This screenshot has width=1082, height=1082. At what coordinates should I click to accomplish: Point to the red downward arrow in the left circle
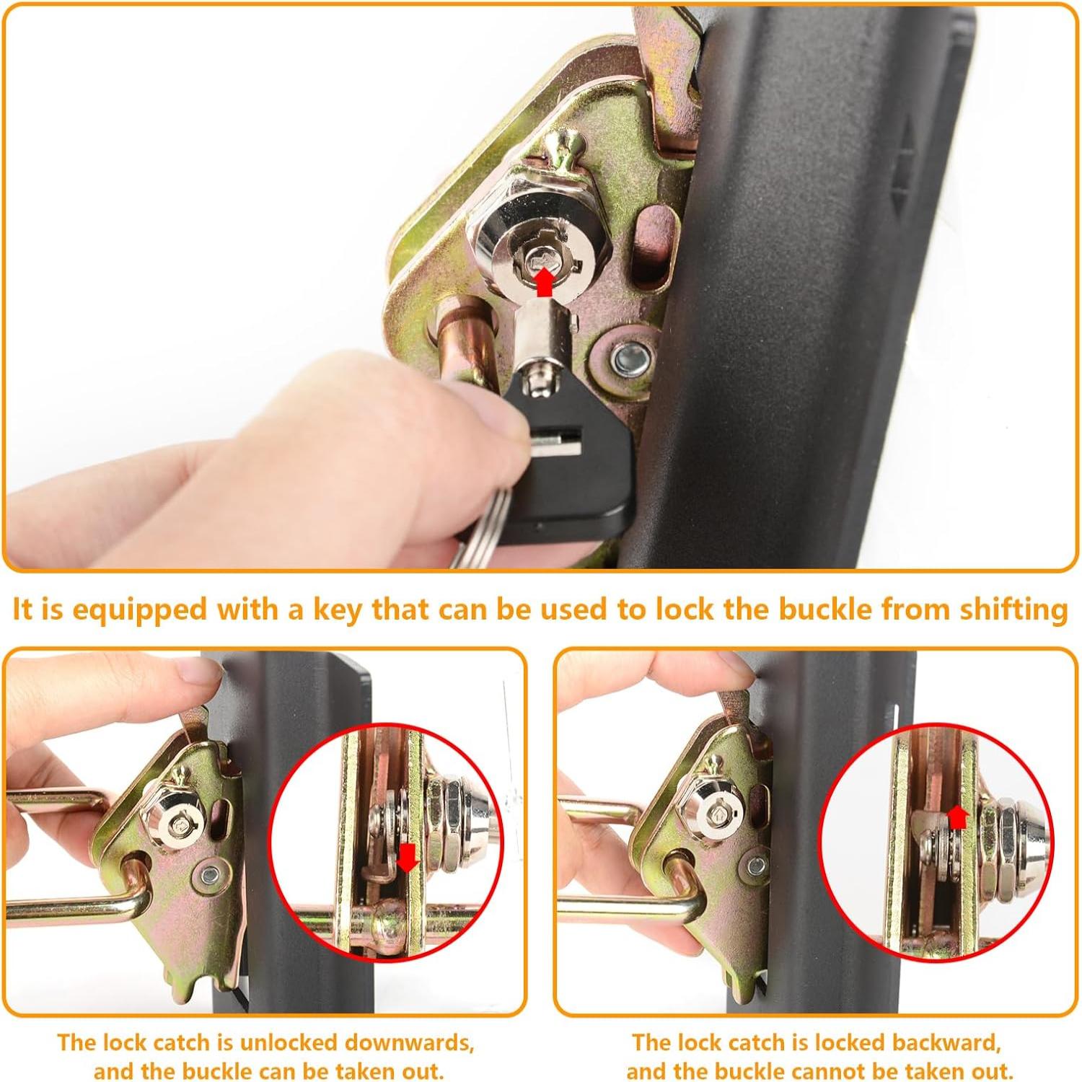(408, 857)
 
